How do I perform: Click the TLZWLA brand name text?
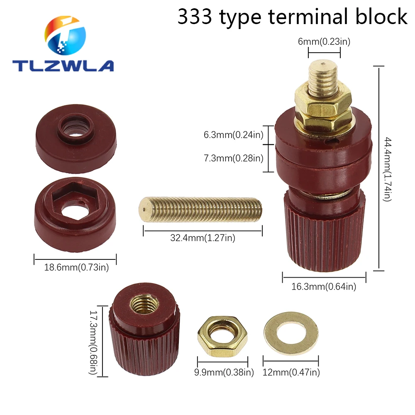pyautogui.click(x=63, y=66)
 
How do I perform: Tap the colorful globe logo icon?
pyautogui.click(x=65, y=35)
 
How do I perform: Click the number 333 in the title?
pyautogui.click(x=195, y=17)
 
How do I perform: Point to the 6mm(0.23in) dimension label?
pyautogui.click(x=324, y=41)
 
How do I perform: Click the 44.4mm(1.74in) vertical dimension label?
pyautogui.click(x=387, y=169)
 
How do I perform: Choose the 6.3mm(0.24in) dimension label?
pyautogui.click(x=233, y=135)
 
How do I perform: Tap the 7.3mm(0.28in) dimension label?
pyautogui.click(x=233, y=158)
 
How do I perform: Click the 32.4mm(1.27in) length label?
pyautogui.click(x=203, y=238)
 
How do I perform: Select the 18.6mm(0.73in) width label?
pyautogui.click(x=76, y=267)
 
